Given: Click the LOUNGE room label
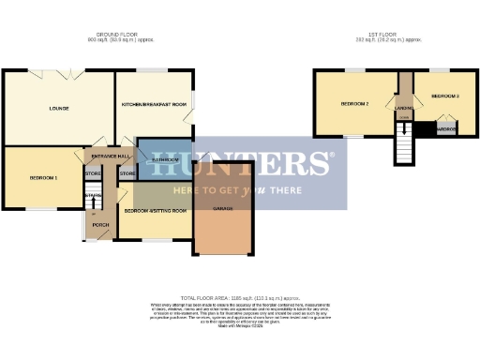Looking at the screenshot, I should (x=59, y=109).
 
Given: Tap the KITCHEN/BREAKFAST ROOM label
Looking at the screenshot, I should (x=154, y=104).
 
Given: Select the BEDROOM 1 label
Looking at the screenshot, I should (x=43, y=178).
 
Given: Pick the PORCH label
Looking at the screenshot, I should (x=101, y=225).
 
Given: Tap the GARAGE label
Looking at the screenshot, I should (x=223, y=208).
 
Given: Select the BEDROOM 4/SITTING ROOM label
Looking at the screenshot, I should (x=154, y=211).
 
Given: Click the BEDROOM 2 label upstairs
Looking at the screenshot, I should (x=354, y=103).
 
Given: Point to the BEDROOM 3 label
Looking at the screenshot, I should (x=444, y=97).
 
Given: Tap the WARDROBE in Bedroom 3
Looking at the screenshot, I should (x=446, y=128).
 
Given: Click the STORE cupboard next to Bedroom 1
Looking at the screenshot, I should (x=92, y=174).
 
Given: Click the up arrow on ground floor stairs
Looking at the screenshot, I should (x=94, y=196).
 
